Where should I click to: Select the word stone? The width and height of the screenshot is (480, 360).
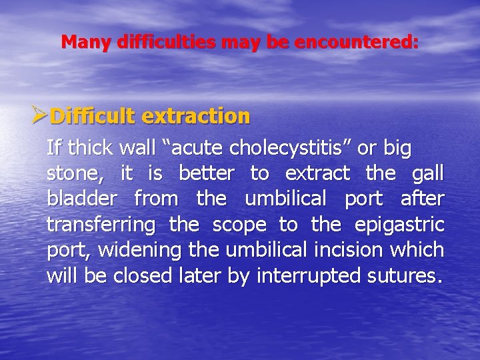72,174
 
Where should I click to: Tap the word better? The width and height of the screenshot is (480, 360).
207,173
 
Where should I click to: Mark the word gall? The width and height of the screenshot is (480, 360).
428,173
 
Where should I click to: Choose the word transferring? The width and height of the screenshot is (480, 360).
101,224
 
